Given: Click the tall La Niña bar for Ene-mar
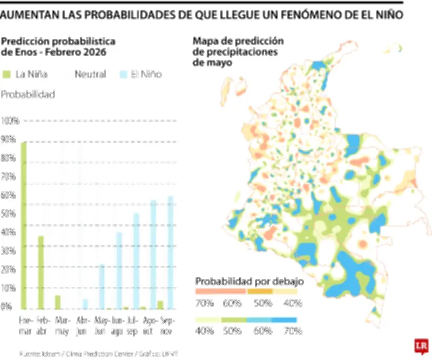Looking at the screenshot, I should tap(23, 224).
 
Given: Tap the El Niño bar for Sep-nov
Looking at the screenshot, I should tap(171, 251).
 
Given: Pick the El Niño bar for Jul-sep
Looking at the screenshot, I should tap(136, 260).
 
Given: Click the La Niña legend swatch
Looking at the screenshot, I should tap(6, 74).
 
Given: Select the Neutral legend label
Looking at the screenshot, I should tap(90, 74).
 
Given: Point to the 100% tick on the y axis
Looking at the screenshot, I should tap(10, 121).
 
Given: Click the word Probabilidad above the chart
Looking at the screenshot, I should tap(28, 95).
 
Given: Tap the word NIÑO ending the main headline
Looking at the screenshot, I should tap(389, 15).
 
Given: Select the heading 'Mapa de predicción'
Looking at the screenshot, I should tap(238, 42).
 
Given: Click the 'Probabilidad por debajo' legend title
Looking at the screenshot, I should tap(250, 281).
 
